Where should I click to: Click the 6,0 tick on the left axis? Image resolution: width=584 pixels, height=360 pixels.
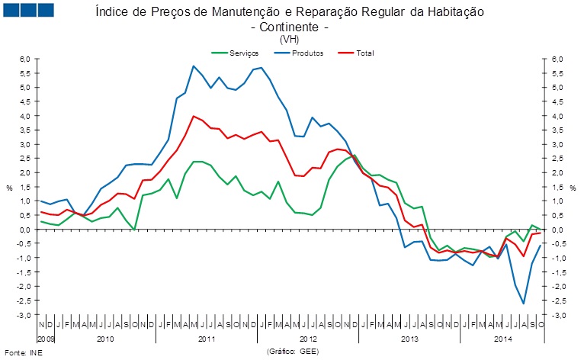click(x=24, y=59)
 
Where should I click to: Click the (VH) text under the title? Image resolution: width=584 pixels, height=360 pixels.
click(x=290, y=39)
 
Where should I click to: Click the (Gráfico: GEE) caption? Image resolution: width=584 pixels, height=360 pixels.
click(x=292, y=352)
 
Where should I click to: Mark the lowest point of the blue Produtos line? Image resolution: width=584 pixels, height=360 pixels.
click(x=524, y=304)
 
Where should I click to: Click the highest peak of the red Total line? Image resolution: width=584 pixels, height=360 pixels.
click(x=194, y=117)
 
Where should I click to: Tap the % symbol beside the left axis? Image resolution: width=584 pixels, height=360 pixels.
click(x=9, y=187)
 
